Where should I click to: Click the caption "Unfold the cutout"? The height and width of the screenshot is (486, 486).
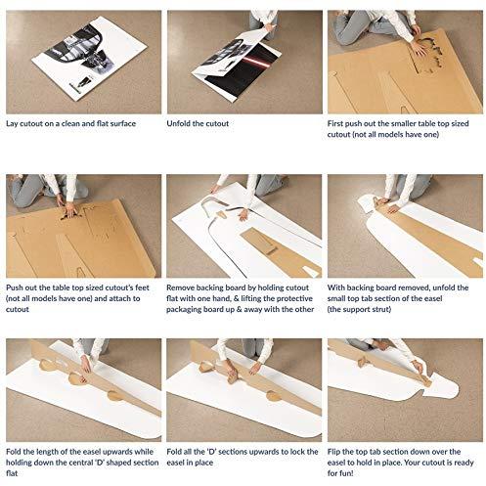[x=198, y=123]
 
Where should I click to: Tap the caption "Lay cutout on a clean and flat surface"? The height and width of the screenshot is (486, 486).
[x=70, y=123]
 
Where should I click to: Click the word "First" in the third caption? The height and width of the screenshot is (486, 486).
[x=335, y=123]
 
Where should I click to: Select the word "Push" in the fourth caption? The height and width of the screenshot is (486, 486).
[x=14, y=287]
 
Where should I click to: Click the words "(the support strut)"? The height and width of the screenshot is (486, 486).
[x=359, y=309]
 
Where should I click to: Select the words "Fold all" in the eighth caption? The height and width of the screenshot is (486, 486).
[x=180, y=452]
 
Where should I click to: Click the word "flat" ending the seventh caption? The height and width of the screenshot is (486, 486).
[x=12, y=473]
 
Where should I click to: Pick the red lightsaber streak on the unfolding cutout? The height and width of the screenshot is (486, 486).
[x=257, y=61]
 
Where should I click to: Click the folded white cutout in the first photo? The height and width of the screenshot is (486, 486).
[x=89, y=58]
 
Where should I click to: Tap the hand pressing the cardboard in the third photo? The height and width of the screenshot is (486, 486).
[x=419, y=48]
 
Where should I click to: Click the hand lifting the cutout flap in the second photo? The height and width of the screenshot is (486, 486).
[x=269, y=26]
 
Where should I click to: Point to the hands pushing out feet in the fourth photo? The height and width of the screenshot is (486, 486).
[x=69, y=210]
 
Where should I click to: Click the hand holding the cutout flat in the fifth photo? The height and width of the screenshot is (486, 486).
[x=243, y=215]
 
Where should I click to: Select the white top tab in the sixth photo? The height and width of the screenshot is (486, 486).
[x=366, y=203]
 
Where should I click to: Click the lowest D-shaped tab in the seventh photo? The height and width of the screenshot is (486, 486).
[x=114, y=395]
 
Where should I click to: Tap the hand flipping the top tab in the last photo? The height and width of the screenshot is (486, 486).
[x=418, y=367]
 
